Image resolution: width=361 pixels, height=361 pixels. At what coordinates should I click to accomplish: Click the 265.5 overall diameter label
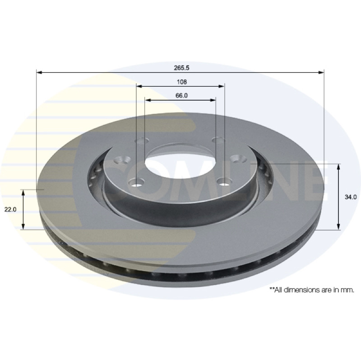[181, 68]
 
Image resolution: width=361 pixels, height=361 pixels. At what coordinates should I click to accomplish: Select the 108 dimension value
[182, 82]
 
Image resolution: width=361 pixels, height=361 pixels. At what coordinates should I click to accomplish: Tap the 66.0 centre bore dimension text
[181, 95]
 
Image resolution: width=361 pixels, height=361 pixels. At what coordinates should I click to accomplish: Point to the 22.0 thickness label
[10, 209]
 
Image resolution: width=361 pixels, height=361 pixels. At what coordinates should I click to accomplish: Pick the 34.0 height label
[351, 197]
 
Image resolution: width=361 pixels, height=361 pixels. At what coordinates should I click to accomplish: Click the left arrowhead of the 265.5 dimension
[39, 73]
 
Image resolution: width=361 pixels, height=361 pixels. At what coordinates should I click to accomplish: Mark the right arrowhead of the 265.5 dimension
[321, 73]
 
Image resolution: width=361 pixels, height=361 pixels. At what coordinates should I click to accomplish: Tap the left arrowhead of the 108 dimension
[139, 86]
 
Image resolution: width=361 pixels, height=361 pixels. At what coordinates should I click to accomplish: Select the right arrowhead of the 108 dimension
[221, 86]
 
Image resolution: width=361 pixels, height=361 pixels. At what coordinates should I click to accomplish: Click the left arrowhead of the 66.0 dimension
[148, 100]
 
